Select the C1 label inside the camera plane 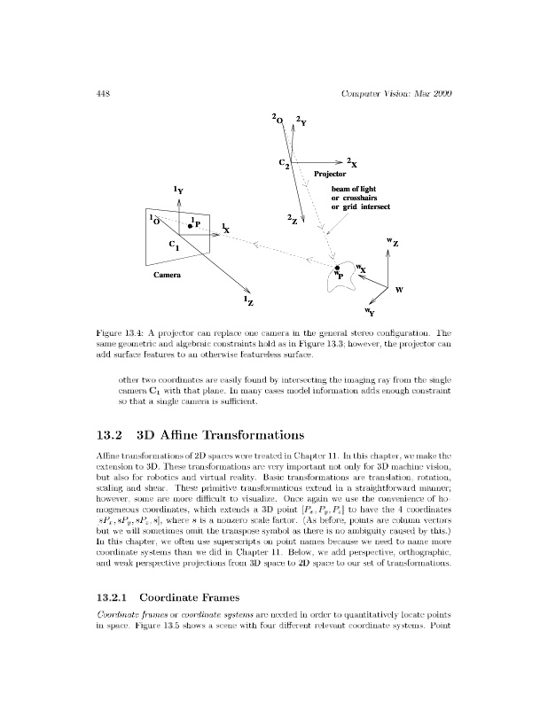coord(174,245)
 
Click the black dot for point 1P coord(189,226)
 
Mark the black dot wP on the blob coord(338,267)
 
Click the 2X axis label coord(352,162)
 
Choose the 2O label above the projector coord(278,119)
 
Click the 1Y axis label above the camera coord(178,189)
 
